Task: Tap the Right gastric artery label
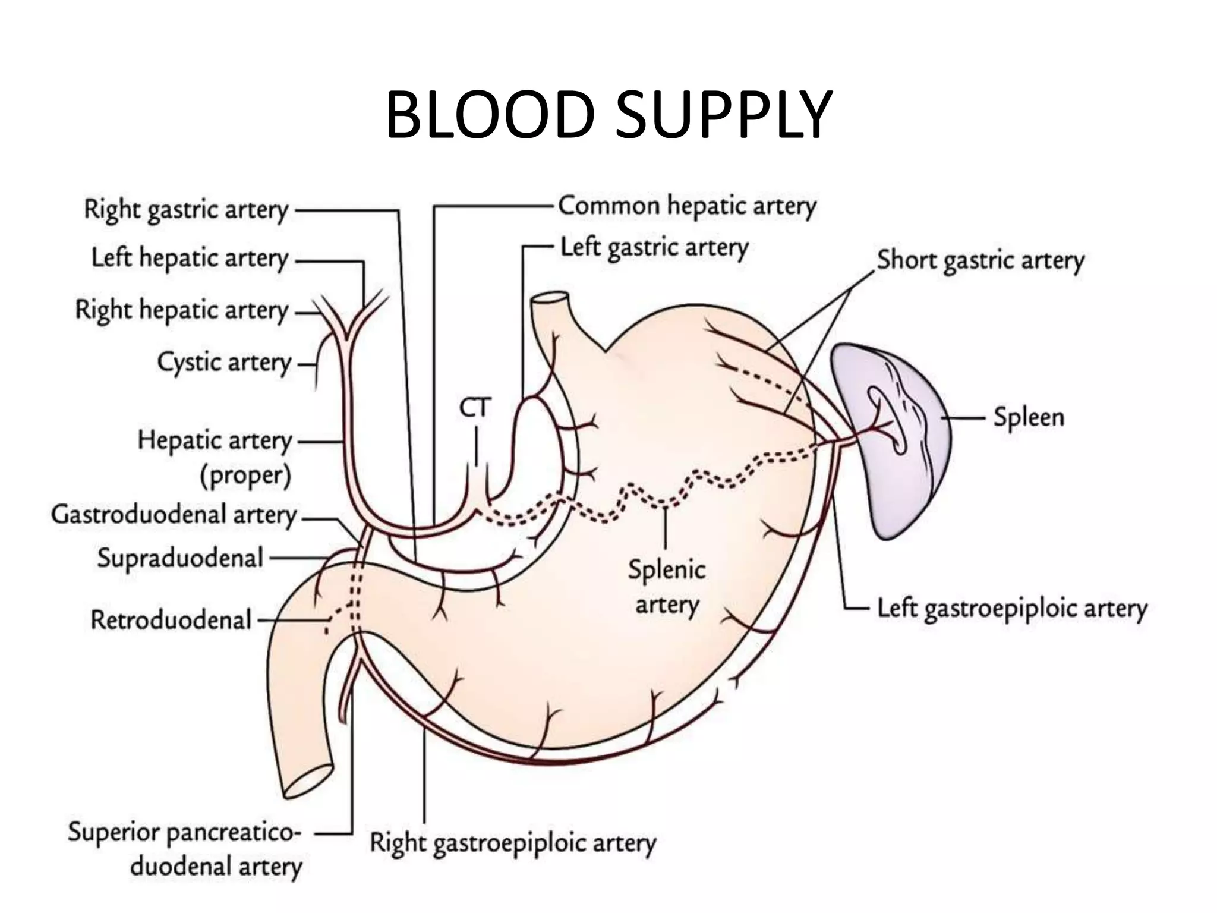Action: (186, 210)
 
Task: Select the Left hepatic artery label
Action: (190, 259)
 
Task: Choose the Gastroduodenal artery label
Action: (174, 515)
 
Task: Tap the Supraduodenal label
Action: (180, 559)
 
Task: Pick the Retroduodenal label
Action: (171, 621)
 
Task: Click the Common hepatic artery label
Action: (687, 207)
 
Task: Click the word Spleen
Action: (1029, 418)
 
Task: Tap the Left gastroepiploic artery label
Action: (1012, 609)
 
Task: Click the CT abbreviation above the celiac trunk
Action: (475, 408)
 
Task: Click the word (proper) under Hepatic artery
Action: (245, 476)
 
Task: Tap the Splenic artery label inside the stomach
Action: (667, 587)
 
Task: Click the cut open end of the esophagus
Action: (550, 298)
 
